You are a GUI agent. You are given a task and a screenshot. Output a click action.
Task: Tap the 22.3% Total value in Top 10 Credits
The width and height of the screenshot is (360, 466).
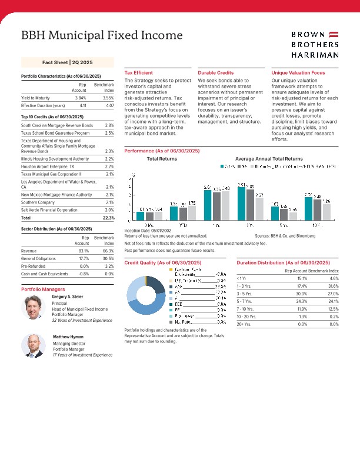[108, 218]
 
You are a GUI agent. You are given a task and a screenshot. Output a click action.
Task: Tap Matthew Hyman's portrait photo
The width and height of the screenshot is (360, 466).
[33, 345]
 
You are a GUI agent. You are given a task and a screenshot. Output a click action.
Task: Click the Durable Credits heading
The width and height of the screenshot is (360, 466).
[215, 72]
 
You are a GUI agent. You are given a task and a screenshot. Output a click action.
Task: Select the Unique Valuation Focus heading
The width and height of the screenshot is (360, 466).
[298, 72]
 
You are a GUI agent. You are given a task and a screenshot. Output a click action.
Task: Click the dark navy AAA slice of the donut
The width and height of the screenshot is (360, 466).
[156, 284]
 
